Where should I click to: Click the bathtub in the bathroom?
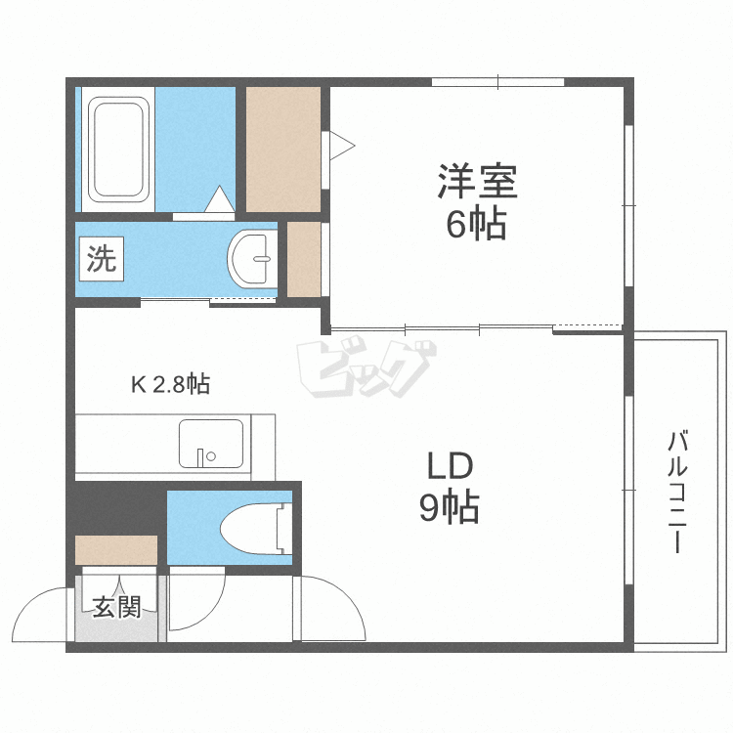point(118,149)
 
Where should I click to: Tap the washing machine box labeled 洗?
point(101,259)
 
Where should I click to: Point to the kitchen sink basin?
point(210,445)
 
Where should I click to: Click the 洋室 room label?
point(476,182)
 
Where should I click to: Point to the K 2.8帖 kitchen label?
point(170,384)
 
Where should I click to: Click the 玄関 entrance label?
point(116,607)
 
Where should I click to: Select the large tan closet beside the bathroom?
point(282,149)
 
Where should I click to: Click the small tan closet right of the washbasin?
point(304,259)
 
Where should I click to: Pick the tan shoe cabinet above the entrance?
point(116,550)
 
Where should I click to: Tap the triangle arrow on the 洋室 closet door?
point(341,147)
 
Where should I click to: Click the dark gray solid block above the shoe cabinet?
point(115,507)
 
